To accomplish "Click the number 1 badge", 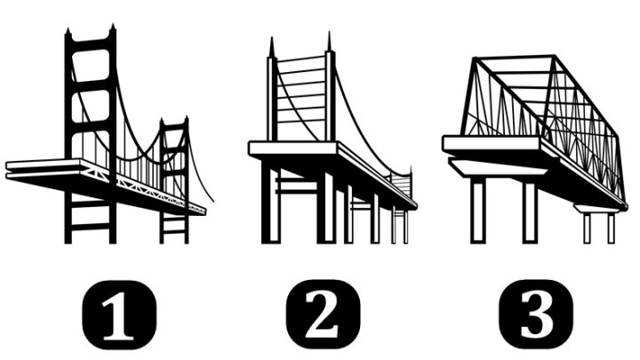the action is [119, 315].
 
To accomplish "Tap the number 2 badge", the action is [324, 315].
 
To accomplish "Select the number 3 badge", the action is [536, 315].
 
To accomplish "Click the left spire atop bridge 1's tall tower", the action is [68, 33].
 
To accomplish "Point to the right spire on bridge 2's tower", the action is [330, 42].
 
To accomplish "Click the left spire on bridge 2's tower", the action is [271, 47].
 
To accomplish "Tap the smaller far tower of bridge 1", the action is [174, 180].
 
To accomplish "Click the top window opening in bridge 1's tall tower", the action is [91, 65].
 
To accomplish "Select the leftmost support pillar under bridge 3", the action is [478, 210].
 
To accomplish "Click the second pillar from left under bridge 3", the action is [530, 212].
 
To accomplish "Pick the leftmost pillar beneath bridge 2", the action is [270, 201].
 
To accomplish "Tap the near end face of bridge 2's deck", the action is [293, 148].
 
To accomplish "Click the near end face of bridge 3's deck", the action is [491, 143].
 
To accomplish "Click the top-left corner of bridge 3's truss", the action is [475, 58].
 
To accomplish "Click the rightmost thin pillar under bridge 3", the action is [611, 228].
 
